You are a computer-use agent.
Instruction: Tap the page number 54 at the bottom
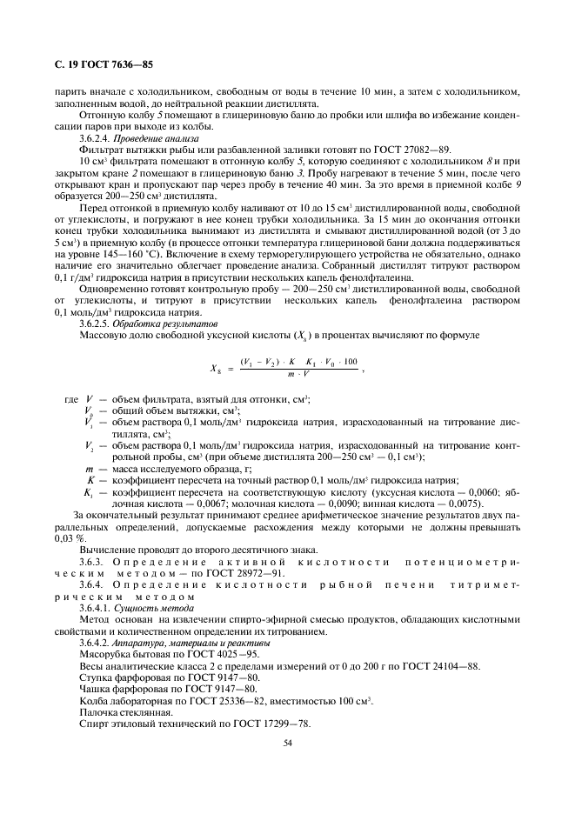287,743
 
